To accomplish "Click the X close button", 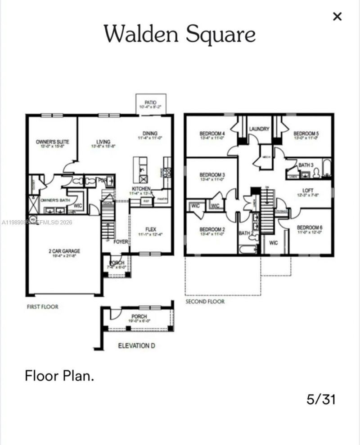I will click(x=337, y=17).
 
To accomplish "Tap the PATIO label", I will click(x=151, y=102).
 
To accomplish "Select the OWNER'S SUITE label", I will click(x=52, y=142).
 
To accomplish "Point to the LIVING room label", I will click(x=103, y=142).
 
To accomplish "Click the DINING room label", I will click(x=150, y=133).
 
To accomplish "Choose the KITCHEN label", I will click(x=141, y=188).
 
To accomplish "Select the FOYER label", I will click(x=121, y=241).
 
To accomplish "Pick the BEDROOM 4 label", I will click(x=212, y=133).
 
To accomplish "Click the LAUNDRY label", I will click(x=259, y=129).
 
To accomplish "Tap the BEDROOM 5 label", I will click(x=306, y=133).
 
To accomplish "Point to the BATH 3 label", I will click(x=306, y=165).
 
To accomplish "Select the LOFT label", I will click(x=308, y=190).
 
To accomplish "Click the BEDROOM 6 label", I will click(x=310, y=227).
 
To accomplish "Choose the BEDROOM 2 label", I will click(x=212, y=229).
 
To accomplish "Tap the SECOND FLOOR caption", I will click(x=205, y=302).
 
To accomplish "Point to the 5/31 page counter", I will click(x=321, y=399).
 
